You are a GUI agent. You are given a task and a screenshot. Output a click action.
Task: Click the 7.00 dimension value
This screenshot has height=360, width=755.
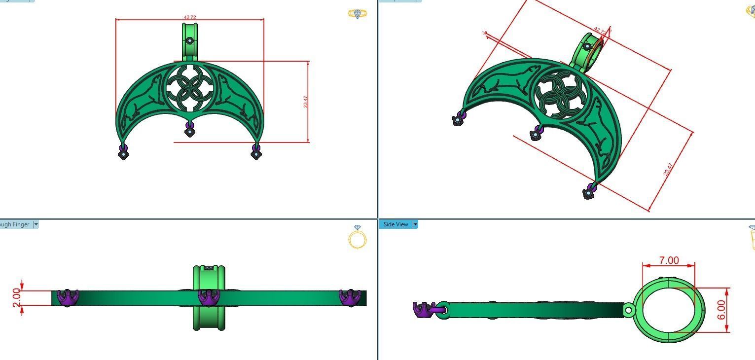669,260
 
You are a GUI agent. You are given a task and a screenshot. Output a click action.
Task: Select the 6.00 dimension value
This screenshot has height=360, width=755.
722,310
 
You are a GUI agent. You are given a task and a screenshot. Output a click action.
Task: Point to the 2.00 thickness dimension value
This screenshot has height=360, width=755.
16,297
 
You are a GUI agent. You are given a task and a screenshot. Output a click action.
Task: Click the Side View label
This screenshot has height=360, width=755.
395,224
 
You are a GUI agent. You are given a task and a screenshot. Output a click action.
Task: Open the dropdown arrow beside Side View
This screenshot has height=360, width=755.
415,224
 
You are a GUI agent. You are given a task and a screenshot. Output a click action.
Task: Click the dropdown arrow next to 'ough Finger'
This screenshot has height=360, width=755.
36,224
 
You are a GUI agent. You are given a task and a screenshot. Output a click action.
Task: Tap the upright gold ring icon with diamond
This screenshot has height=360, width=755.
358,237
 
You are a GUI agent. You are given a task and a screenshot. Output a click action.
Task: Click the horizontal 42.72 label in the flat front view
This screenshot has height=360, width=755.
190,17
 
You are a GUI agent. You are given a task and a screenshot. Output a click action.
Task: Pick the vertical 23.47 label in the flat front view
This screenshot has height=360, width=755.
305,102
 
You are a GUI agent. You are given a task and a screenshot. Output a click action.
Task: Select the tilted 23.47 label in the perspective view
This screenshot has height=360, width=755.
668,170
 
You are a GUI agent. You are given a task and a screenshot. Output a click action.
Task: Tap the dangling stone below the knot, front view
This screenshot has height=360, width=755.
189,131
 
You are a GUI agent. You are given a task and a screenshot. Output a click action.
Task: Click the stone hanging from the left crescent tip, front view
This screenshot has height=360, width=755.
123,154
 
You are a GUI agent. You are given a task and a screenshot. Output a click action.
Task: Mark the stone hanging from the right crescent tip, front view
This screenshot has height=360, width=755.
256,154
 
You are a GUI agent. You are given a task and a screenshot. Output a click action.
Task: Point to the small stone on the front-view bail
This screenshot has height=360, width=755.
189,40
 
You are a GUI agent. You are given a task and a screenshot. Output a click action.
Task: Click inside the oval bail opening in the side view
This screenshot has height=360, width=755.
668,310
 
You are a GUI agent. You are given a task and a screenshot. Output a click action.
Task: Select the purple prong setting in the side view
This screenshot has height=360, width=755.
423,310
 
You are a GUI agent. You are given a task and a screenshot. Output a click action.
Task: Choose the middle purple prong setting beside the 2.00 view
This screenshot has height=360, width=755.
209,298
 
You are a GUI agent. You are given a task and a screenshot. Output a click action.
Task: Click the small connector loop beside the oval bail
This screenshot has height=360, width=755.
629,310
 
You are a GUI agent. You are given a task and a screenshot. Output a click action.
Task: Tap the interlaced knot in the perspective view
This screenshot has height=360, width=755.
561,93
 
